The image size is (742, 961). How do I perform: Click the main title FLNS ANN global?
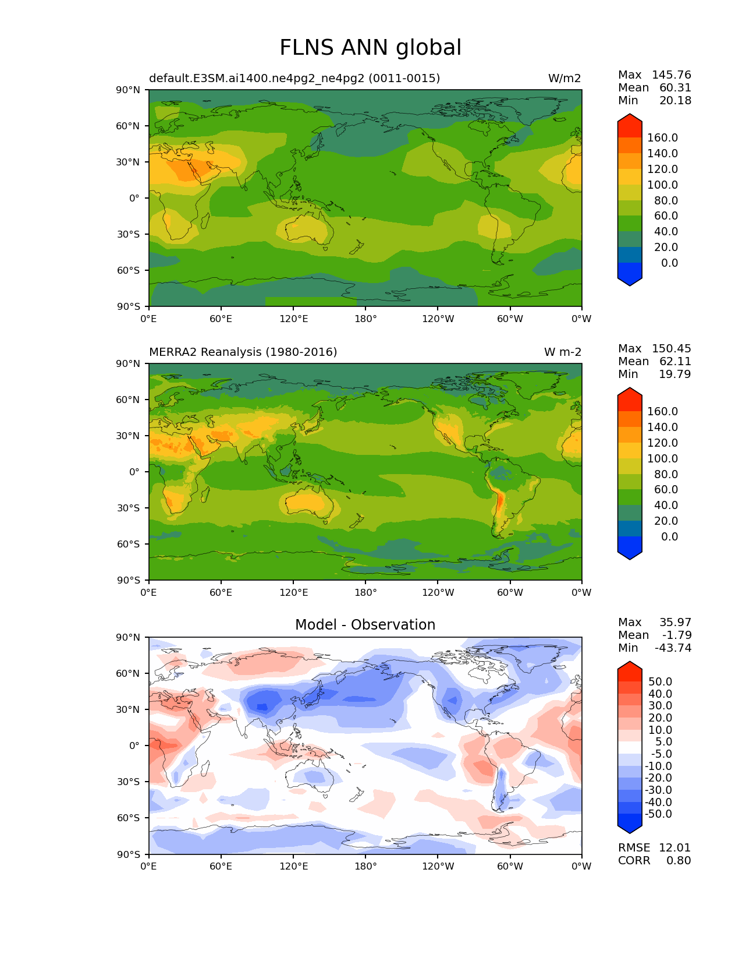[x=370, y=48]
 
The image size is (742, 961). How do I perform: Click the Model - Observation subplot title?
[x=365, y=625]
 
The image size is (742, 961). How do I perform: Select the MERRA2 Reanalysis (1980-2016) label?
[x=243, y=352]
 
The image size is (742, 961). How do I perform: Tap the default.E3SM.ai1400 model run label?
[x=294, y=79]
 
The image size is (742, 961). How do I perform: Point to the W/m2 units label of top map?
[x=564, y=79]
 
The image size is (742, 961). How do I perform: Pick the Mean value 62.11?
[x=675, y=362]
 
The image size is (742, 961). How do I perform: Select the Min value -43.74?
[x=673, y=648]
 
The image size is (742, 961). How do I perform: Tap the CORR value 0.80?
[x=679, y=861]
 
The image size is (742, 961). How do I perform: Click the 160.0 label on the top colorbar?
[x=662, y=138]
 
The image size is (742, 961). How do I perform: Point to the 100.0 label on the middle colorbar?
[x=662, y=459]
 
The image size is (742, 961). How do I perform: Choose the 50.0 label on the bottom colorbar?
[x=660, y=682]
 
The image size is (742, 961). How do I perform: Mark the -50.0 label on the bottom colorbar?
[x=658, y=814]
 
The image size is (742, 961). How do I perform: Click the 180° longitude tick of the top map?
[x=365, y=319]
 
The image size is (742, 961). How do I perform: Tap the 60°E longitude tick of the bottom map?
[x=221, y=867]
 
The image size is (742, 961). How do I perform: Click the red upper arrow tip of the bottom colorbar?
[x=630, y=666]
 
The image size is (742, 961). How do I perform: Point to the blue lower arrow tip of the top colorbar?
[x=630, y=282]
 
